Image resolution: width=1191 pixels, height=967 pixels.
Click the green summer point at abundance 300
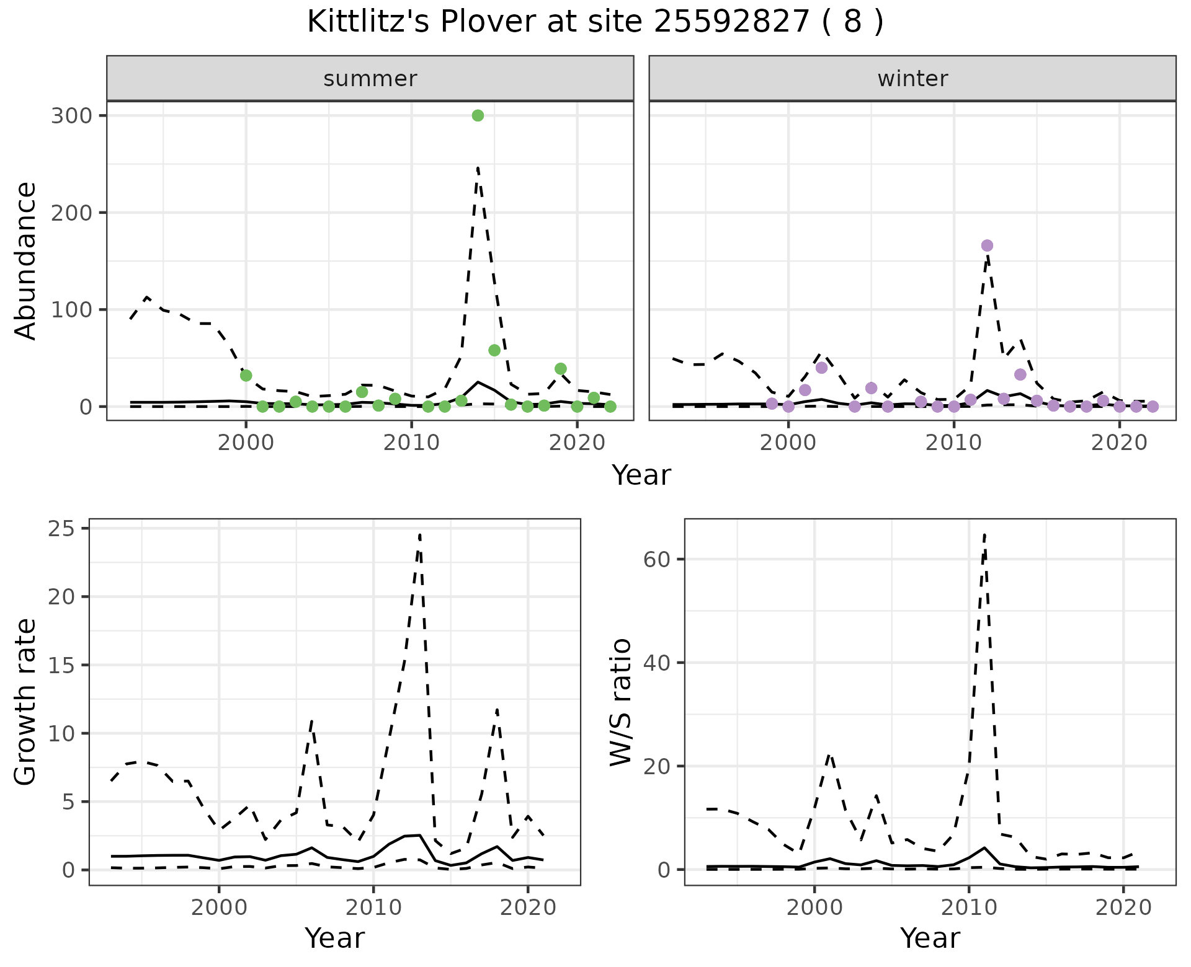click(x=478, y=115)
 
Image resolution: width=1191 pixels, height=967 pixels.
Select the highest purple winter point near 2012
click(x=987, y=245)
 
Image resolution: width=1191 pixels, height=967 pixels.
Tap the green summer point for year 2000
click(x=246, y=375)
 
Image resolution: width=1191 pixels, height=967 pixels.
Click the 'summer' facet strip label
click(x=370, y=79)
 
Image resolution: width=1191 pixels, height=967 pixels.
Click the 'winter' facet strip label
click(x=912, y=79)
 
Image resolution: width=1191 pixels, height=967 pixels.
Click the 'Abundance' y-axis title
click(x=26, y=261)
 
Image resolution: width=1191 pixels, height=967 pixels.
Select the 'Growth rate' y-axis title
click(x=26, y=702)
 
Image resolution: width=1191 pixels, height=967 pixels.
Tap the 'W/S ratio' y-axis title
click(x=620, y=702)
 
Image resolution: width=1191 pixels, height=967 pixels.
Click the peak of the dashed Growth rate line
click(x=420, y=534)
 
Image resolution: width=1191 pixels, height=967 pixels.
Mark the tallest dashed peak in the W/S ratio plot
click(x=984, y=534)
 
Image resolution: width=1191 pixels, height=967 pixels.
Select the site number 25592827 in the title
click(x=732, y=22)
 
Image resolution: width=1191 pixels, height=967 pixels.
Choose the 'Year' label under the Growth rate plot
click(x=334, y=938)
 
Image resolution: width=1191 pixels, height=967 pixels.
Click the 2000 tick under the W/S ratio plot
click(x=814, y=908)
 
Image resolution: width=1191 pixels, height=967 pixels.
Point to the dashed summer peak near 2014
click(x=478, y=167)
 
